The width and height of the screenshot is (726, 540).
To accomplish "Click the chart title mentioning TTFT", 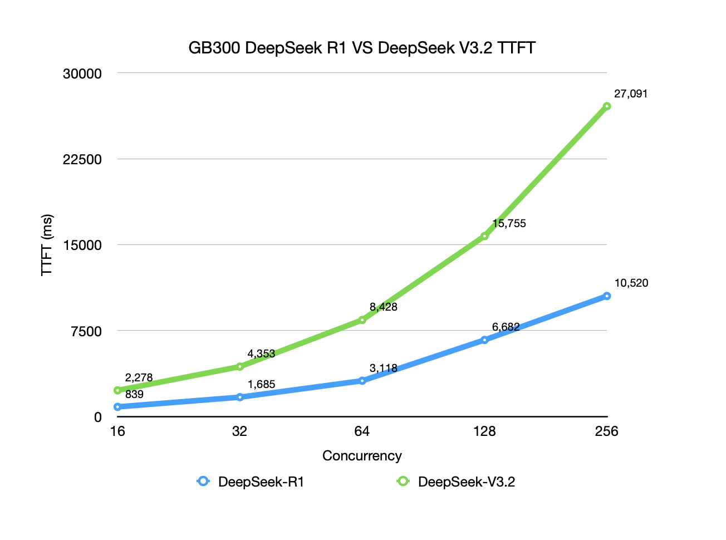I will click(x=362, y=48).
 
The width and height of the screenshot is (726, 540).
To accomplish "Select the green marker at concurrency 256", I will click(x=607, y=106).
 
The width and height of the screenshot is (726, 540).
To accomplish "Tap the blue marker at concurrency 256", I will click(x=607, y=296).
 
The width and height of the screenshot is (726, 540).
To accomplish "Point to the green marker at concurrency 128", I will click(x=484, y=236).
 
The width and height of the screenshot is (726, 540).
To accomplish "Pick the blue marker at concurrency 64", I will click(x=362, y=381).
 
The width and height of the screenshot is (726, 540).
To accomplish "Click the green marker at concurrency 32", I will click(x=240, y=366).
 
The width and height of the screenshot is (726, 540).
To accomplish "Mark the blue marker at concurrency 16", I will click(x=117, y=407).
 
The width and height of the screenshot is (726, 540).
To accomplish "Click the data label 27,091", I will click(x=631, y=94).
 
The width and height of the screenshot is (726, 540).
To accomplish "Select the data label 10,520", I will click(x=631, y=283).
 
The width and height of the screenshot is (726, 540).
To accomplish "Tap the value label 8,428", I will click(x=383, y=307).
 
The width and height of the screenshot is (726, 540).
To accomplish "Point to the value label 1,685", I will click(x=261, y=384).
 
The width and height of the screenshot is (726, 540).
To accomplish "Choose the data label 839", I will click(x=134, y=394).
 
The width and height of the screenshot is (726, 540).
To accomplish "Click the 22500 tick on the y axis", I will click(x=82, y=159).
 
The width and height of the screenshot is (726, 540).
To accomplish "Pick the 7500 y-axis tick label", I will click(x=86, y=331).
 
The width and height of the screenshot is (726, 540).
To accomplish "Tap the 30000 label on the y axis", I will click(x=82, y=73).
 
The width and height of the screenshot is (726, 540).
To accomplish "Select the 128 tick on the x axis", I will click(x=484, y=431).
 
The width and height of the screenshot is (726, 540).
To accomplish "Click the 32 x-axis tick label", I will click(x=240, y=431).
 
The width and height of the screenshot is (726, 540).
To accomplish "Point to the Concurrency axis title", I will click(x=362, y=456).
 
